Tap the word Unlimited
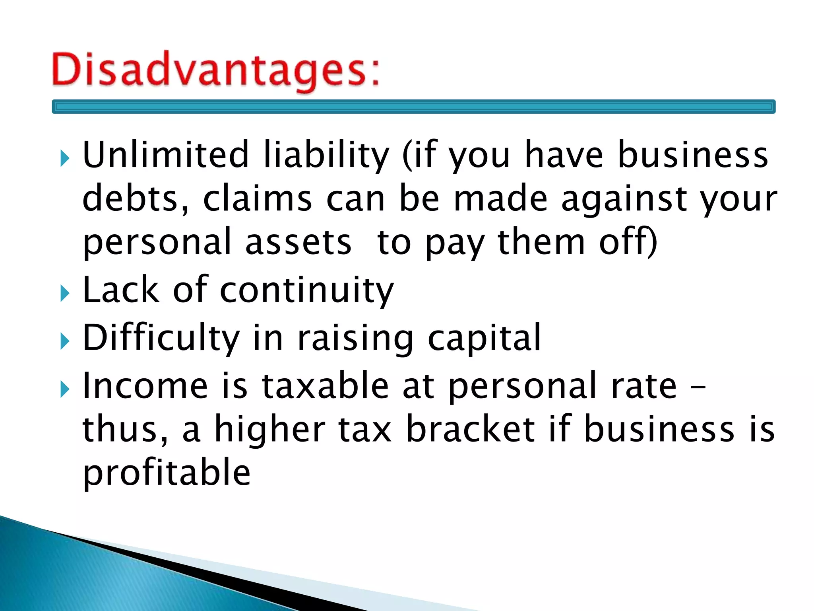click(165, 155)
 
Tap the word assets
click(298, 243)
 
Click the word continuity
click(306, 291)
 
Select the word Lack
click(120, 290)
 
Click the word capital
click(484, 339)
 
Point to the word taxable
click(325, 385)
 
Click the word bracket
click(470, 429)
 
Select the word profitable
click(167, 473)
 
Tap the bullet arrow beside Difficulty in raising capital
click(65, 342)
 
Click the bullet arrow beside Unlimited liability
click(65, 159)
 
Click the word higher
click(270, 430)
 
